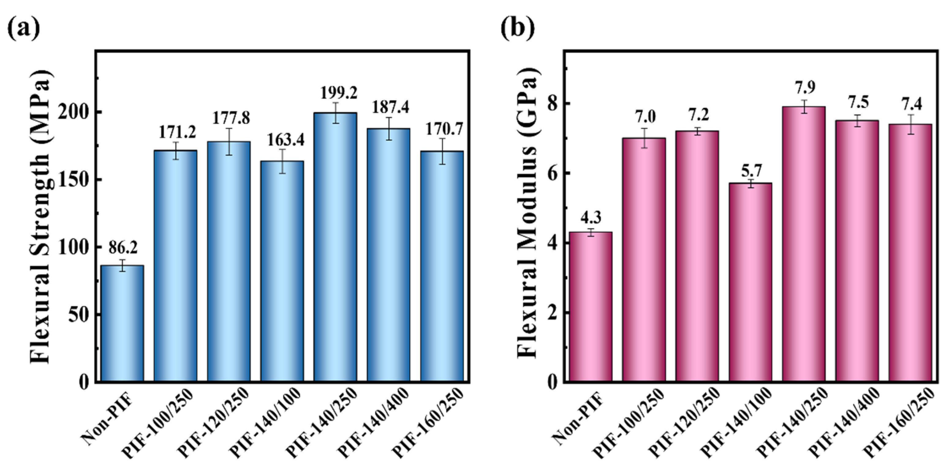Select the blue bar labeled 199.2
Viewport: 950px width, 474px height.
(335, 247)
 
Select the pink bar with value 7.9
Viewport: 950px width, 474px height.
(804, 243)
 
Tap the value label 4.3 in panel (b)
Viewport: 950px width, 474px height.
(591, 217)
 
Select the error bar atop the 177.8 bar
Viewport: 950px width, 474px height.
(229, 141)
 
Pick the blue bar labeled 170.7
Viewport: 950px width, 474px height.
(442, 265)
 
